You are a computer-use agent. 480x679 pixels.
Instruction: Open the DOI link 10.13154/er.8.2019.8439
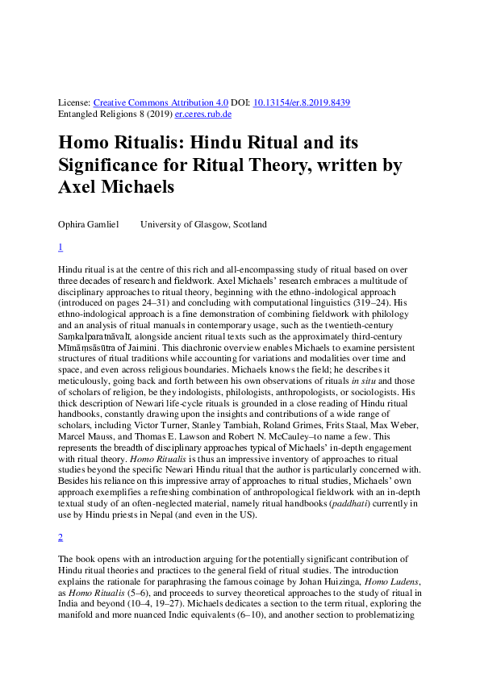pyautogui.click(x=302, y=103)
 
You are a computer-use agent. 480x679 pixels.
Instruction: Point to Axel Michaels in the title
pyautogui.click(x=116, y=188)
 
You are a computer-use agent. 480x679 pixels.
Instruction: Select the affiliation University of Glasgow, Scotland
pyautogui.click(x=203, y=224)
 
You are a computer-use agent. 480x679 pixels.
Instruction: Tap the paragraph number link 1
pyautogui.click(x=61, y=248)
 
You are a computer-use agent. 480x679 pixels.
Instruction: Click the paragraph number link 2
pyautogui.click(x=61, y=537)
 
